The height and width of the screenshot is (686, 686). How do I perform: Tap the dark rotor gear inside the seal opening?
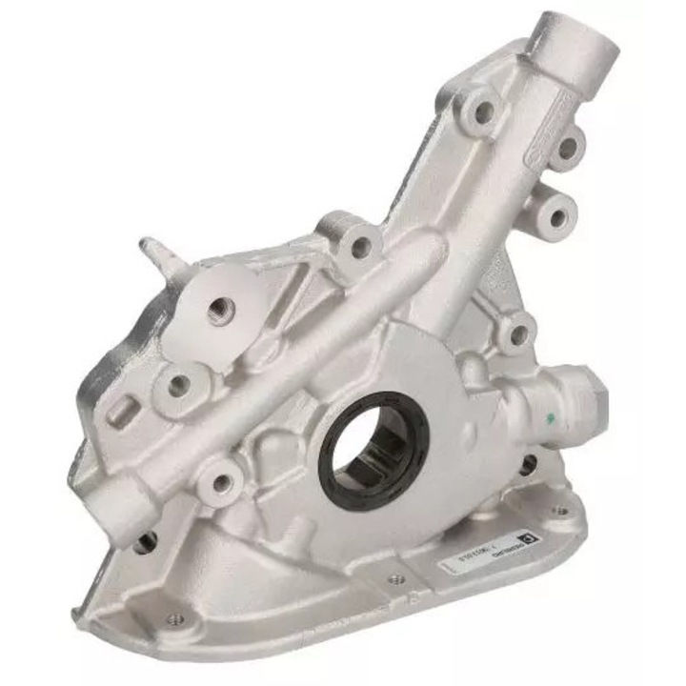tap(377, 451)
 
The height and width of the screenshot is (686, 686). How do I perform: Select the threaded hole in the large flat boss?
tap(222, 308)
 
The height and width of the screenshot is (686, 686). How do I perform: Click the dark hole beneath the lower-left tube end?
tap(146, 540)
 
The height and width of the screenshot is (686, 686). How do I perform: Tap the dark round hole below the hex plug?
tap(527, 464)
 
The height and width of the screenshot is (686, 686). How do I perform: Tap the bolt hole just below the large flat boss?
tap(177, 385)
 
